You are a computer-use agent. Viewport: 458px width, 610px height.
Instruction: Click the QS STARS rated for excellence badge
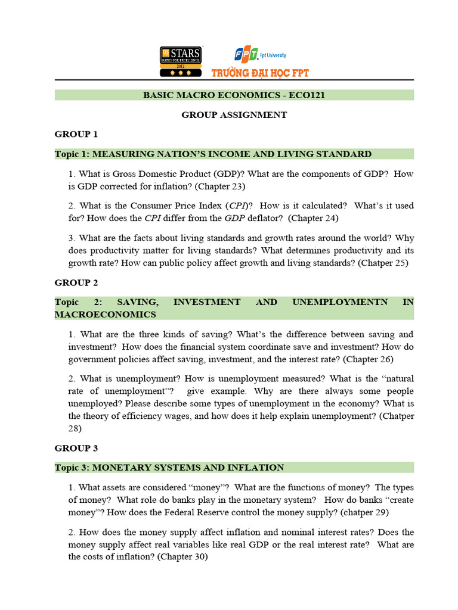[x=180, y=61]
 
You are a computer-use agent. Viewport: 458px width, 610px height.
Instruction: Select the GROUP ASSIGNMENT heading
[x=234, y=114]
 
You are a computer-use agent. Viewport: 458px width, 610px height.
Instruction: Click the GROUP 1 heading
[x=76, y=134]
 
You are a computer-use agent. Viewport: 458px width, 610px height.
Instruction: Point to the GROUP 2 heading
[x=76, y=282]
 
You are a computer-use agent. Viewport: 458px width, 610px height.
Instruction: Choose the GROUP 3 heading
[x=76, y=447]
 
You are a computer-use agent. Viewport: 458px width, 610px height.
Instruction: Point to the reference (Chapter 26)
[x=364, y=359]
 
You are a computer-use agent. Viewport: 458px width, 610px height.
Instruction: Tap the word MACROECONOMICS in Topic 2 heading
[x=106, y=314]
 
